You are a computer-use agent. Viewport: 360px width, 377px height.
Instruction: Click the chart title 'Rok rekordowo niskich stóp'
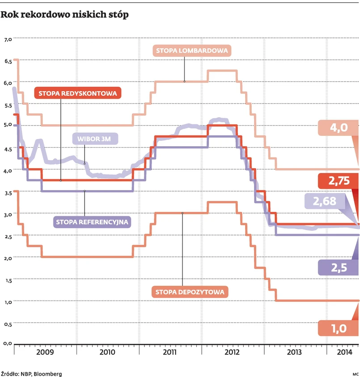65,15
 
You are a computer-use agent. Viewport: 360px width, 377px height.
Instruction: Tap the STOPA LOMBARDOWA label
192,51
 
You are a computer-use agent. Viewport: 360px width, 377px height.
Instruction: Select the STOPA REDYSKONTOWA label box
77,93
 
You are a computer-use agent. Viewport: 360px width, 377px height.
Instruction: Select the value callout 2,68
324,202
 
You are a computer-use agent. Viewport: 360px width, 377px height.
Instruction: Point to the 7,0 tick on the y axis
7,39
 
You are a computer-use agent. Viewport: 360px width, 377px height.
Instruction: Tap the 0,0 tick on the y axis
7,343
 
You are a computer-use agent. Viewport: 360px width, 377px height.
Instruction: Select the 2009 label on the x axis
45,352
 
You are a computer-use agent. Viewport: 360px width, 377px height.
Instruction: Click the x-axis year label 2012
232,352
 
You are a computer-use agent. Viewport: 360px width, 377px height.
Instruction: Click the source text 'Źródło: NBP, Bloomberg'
31,373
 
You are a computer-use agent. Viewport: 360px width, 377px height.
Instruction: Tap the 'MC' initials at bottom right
356,373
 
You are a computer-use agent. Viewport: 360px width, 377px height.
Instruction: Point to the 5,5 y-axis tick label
7,106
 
